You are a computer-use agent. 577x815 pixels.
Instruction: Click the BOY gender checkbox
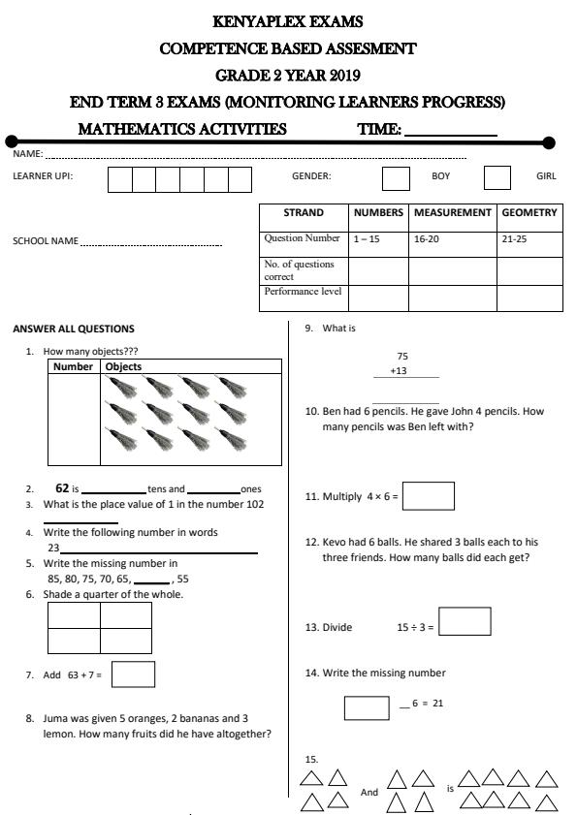point(396,177)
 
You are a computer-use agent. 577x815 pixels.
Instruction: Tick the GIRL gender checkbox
point(497,177)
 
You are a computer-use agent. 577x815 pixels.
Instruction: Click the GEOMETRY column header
point(529,212)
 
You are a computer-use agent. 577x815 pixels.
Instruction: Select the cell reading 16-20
point(426,238)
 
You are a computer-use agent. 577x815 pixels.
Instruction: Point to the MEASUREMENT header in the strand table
point(453,212)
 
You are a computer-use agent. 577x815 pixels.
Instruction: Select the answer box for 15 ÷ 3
point(465,621)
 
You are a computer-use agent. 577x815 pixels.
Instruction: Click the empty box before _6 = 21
point(367,707)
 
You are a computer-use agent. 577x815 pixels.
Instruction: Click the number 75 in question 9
point(402,357)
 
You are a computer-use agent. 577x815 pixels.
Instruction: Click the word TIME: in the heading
point(379,129)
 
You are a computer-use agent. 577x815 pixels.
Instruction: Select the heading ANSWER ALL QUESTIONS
point(74,329)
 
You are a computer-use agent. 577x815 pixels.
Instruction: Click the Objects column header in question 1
point(123,367)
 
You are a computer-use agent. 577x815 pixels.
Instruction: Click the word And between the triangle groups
point(369,792)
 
